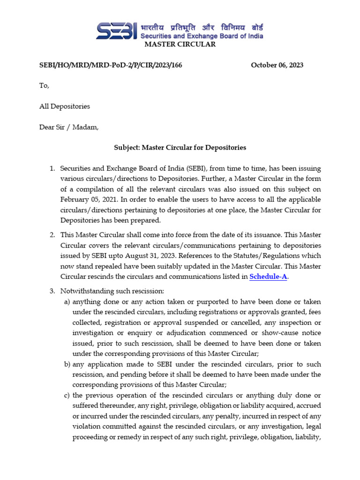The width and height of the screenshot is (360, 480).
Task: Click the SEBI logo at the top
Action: [117, 30]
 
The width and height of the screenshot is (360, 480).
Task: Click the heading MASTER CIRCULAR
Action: [180, 45]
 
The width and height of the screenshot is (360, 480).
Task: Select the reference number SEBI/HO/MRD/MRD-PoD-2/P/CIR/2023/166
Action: [111, 65]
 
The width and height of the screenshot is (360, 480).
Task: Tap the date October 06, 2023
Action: [277, 65]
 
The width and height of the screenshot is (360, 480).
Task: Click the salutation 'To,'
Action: [44, 86]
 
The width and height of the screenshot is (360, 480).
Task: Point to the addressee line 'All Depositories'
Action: [65, 106]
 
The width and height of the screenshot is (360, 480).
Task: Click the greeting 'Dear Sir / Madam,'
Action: [69, 127]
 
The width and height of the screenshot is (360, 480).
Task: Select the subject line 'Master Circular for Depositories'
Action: [180, 148]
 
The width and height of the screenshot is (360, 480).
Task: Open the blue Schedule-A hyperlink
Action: [268, 277]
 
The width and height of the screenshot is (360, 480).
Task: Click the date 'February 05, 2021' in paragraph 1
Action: [87, 199]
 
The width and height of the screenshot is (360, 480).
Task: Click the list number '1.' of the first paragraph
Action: [52, 168]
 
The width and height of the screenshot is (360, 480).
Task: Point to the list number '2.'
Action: [52, 235]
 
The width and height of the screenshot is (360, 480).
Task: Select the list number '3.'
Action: [52, 292]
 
